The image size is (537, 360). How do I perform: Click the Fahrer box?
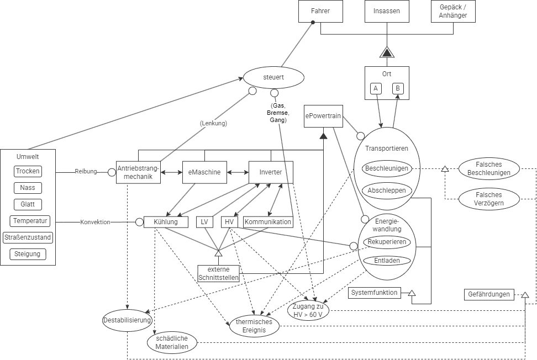click(x=320, y=11)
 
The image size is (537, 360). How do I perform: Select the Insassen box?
click(x=387, y=11)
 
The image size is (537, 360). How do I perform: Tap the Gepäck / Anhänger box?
click(x=453, y=11)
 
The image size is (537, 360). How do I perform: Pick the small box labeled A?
click(x=376, y=88)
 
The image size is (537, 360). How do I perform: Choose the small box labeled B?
click(x=398, y=88)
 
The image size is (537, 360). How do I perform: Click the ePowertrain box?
click(x=323, y=117)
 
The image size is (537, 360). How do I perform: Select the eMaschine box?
click(x=204, y=172)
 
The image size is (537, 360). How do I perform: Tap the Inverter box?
click(x=271, y=172)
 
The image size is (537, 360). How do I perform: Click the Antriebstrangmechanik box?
click(x=138, y=172)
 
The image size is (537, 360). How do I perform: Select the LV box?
click(x=204, y=222)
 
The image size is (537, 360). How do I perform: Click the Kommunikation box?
click(x=268, y=222)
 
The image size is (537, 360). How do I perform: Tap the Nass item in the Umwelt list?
click(x=28, y=188)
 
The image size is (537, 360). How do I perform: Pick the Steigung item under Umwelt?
click(x=28, y=255)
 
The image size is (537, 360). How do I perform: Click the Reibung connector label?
click(x=86, y=172)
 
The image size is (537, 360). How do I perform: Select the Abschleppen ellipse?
click(x=387, y=190)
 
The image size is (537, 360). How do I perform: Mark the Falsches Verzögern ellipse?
click(x=488, y=199)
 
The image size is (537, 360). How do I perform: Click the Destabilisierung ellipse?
click(x=127, y=320)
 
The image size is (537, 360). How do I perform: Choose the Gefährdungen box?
click(x=488, y=294)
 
